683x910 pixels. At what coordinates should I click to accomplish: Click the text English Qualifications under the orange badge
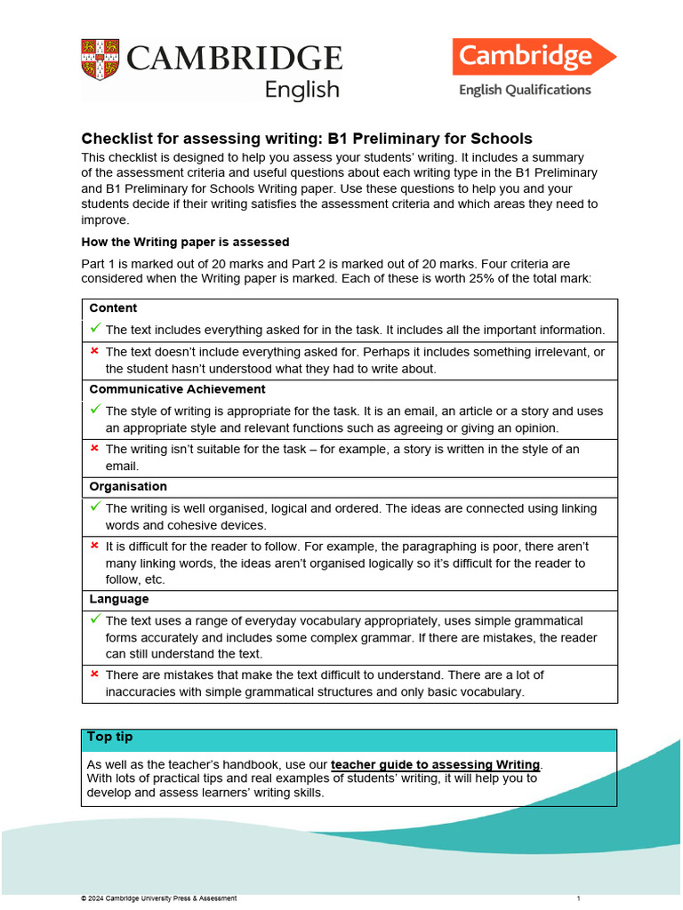coord(524,90)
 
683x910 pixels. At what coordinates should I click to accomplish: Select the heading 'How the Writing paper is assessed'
coord(185,242)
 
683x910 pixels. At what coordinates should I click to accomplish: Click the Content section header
coord(113,308)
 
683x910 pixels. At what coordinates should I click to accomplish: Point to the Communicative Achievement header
coord(177,389)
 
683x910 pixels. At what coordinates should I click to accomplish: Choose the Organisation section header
coord(128,487)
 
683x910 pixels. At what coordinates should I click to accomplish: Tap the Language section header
coord(119,600)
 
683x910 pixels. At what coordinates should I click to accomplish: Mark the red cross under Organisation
coord(95,546)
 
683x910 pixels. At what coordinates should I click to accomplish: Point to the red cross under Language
coord(95,675)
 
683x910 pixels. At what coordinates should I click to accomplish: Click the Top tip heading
coord(110,738)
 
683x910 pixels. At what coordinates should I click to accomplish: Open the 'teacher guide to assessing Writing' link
coord(435,764)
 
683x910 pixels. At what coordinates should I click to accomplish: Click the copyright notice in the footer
coord(158,898)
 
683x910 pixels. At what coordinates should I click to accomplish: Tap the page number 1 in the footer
coord(578,898)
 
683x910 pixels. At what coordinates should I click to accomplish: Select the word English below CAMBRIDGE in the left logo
coord(302,89)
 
